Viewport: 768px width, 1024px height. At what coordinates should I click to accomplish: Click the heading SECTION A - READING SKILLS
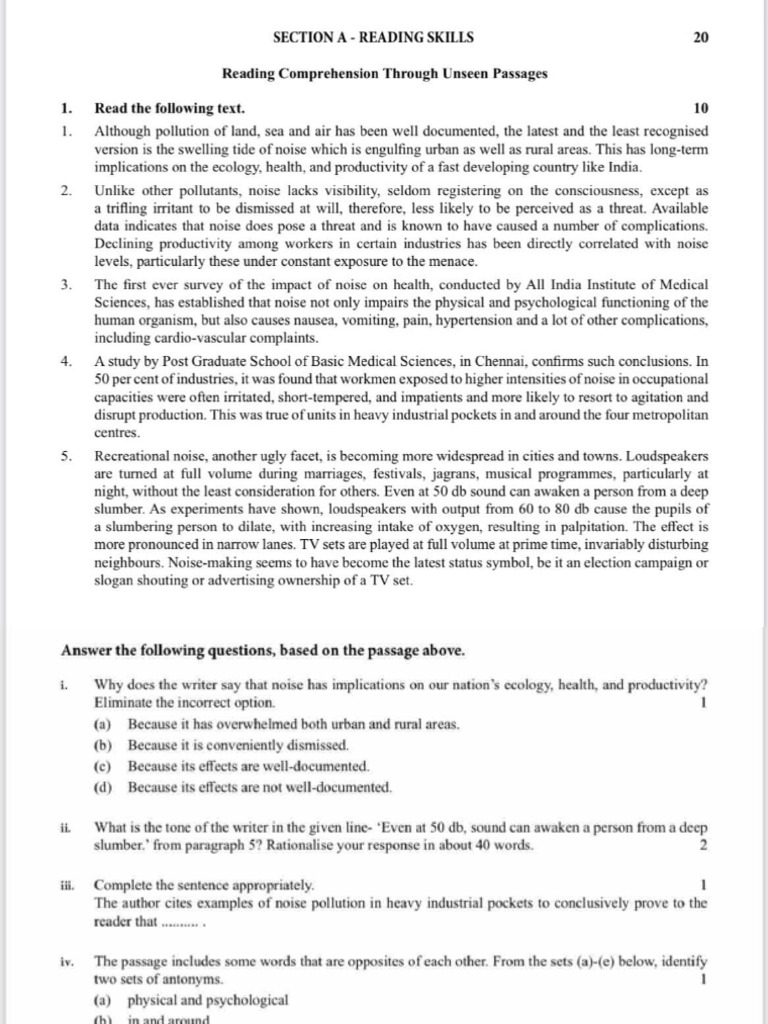[x=373, y=38]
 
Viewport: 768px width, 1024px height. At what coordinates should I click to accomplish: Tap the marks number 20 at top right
[x=700, y=38]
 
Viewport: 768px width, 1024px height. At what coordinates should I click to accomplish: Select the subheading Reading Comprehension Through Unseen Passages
[x=384, y=74]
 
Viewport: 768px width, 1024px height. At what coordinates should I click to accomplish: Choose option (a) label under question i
[x=102, y=723]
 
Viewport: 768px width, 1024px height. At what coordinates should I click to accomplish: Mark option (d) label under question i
[x=102, y=788]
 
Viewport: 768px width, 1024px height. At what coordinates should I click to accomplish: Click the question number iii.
[x=67, y=886]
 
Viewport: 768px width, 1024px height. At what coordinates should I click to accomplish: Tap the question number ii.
[x=66, y=827]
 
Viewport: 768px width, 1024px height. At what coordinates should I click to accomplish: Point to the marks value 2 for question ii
[x=704, y=845]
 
